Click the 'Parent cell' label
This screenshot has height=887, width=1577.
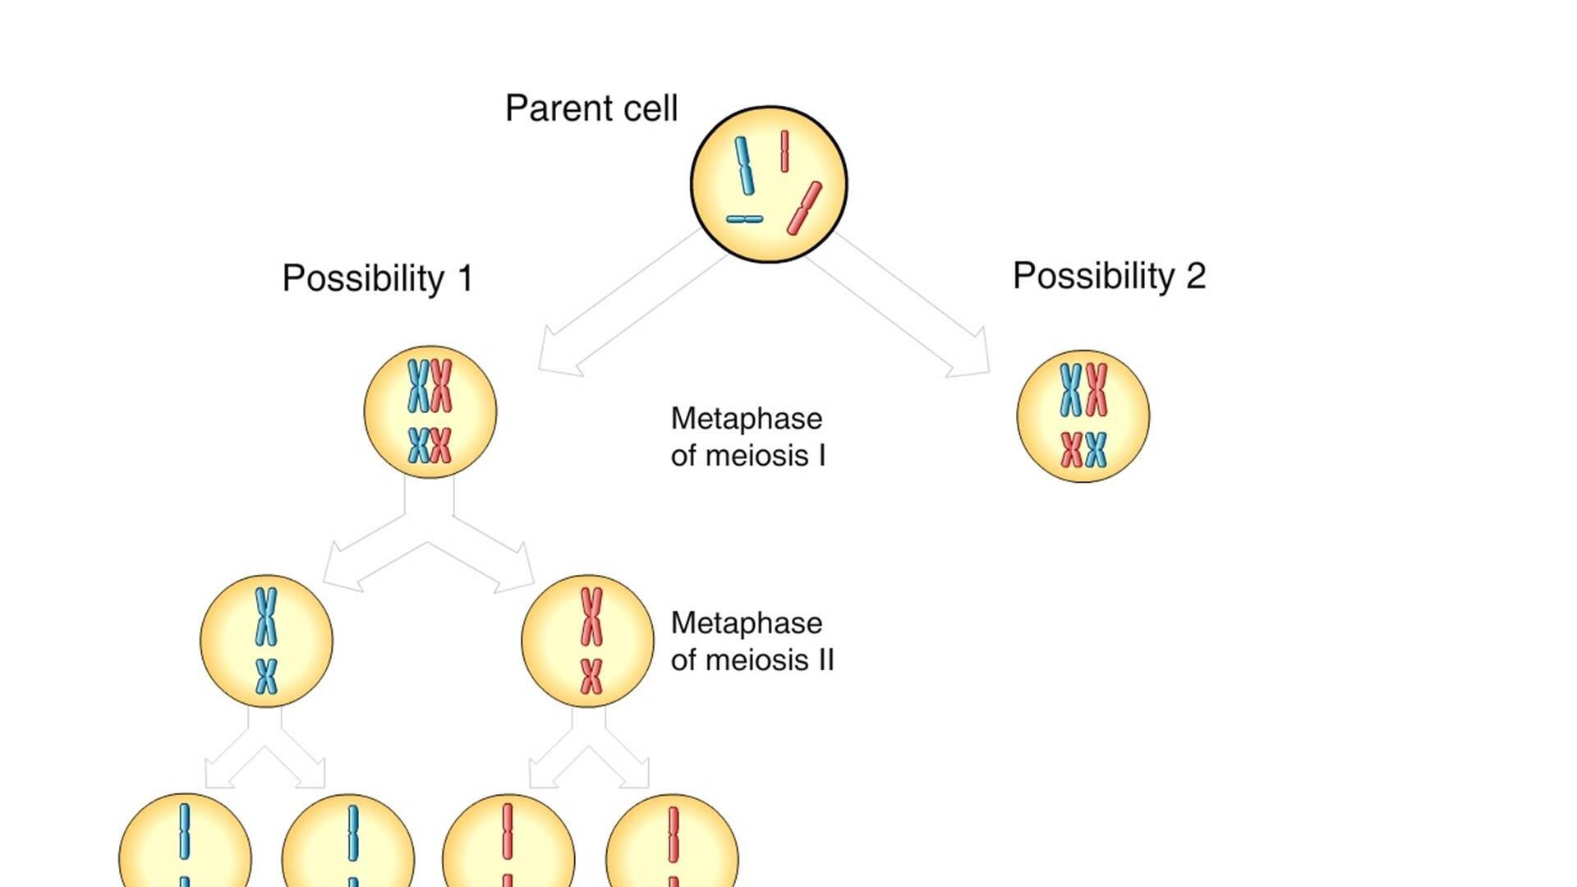coord(591,108)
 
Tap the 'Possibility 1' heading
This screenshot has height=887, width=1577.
coord(378,278)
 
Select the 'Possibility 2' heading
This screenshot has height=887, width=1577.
coord(1109,275)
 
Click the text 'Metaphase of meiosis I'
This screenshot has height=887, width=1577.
coord(747,437)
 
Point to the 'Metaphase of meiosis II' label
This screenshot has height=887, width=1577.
coord(752,641)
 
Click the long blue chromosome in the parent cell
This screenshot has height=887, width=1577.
coord(744,166)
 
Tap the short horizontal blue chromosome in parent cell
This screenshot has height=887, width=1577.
coord(744,219)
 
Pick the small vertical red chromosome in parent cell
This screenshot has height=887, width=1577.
coord(784,151)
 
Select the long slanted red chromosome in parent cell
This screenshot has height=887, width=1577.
coord(804,209)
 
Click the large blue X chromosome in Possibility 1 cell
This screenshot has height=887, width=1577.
coord(419,385)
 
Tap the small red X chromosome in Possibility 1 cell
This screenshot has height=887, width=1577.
coord(441,445)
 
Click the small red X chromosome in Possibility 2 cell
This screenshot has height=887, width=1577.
coord(1072,449)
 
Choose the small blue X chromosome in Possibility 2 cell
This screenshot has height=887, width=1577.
coord(1096,449)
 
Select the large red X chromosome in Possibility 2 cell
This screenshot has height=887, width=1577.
coord(1097,390)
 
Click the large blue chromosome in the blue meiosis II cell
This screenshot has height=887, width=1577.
coord(265,616)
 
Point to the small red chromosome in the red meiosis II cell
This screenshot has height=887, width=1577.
coord(591,676)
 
